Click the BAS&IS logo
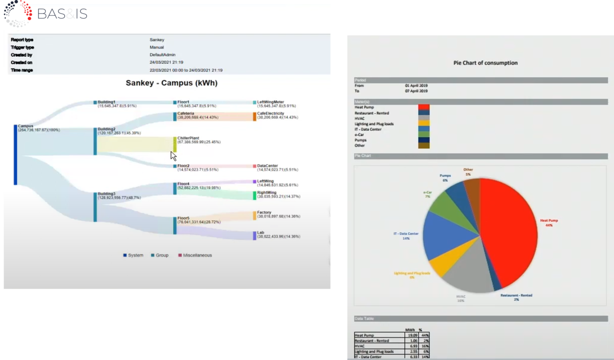coord(46,14)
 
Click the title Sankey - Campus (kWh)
coord(171,83)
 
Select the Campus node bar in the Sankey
coord(15,154)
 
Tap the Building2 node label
coord(106,129)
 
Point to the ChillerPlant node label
coord(188,138)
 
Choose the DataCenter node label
coord(267,166)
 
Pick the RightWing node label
coord(267,192)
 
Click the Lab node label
coord(260,233)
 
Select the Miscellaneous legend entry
coord(197,255)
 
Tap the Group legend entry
coord(162,255)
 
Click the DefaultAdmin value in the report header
coord(162,55)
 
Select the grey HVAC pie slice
coord(468,276)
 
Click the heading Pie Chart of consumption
coord(485,63)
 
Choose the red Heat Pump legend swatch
coord(424,108)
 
